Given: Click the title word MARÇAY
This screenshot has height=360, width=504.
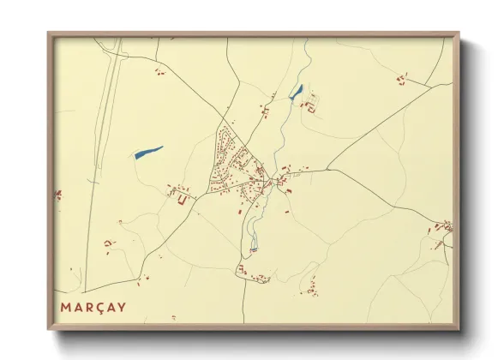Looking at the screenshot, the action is pos(93,307).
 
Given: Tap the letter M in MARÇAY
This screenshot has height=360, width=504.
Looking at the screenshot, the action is pos(66,307).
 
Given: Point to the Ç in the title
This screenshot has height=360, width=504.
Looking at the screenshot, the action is pos(99,307).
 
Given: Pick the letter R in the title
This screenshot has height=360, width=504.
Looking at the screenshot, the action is pos(88,307).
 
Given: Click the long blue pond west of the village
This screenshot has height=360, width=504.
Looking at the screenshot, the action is pos(148,152).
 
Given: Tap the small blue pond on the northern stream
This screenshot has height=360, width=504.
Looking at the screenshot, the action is pos(296,92).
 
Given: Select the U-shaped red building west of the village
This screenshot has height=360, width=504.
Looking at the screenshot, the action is pos(182,200).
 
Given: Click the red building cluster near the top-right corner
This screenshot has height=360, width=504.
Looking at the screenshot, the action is pos(400,79).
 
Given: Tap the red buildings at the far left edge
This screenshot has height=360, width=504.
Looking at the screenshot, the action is pos(58,195).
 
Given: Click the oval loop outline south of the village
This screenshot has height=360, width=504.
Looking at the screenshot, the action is pos(252,231).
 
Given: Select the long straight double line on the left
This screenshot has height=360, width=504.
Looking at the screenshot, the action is pos(100,154).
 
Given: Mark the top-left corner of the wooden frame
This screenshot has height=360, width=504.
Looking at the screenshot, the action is pos(49,34).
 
